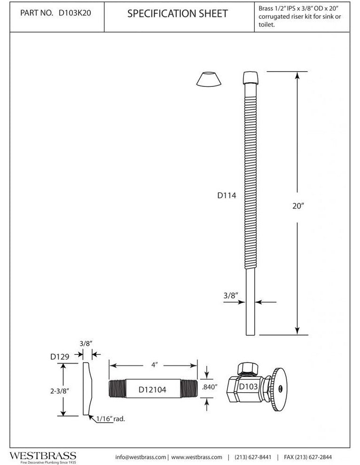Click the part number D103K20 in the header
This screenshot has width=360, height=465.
click(x=75, y=13)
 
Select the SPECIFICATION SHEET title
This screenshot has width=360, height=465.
click(x=178, y=13)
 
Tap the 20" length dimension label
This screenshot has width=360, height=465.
click(x=298, y=206)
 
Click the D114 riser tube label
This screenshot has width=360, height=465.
click(x=227, y=195)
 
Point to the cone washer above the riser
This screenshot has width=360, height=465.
click(x=209, y=79)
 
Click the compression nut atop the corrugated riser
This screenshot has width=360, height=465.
click(x=250, y=77)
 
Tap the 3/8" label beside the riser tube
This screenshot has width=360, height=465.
click(x=231, y=295)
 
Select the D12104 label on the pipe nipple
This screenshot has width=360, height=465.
click(x=153, y=389)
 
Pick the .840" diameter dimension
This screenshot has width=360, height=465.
click(x=210, y=387)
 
